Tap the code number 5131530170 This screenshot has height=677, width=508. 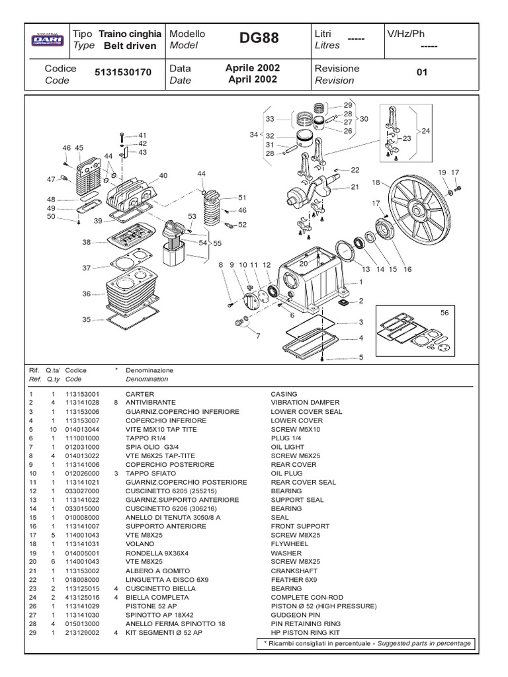(123, 75)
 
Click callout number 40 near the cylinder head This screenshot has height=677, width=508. (163, 176)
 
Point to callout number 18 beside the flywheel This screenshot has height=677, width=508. (376, 182)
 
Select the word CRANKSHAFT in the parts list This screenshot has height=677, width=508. (294, 571)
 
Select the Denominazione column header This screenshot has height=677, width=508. (149, 371)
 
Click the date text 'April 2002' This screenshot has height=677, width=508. (252, 80)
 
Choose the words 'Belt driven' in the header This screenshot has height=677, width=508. (130, 46)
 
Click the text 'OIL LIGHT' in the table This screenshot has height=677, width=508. (288, 447)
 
